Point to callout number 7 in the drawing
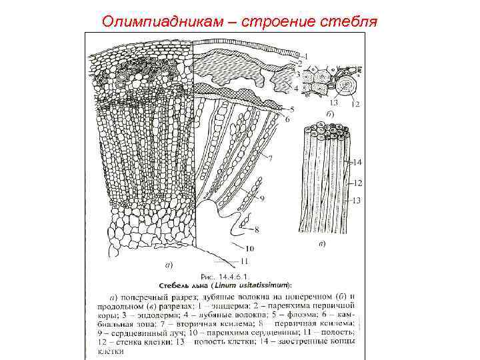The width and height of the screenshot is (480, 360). (x=269, y=158)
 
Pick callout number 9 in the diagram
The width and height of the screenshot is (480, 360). (x=262, y=199)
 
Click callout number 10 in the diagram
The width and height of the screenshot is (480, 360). (x=239, y=248)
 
